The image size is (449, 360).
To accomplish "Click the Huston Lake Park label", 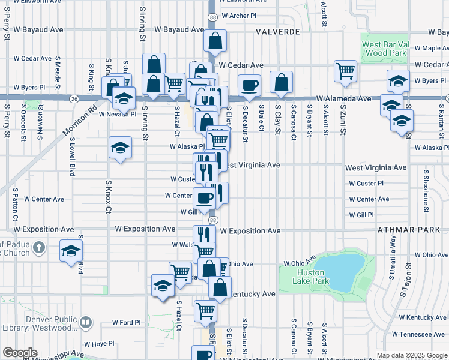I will coord(313,277).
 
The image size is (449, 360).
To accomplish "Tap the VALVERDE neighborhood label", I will coord(277,31).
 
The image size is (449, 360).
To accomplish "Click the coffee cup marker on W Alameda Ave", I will coord(249,85).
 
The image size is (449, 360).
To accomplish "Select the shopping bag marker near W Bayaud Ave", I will coord(215,41).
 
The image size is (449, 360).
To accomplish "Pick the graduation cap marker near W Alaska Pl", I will coord(120,148).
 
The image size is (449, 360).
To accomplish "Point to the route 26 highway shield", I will coord(73,98).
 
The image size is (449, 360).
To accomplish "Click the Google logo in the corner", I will coord(20,353).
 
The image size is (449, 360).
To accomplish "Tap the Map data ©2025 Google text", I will coord(412,356).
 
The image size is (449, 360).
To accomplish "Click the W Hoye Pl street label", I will coord(99,344).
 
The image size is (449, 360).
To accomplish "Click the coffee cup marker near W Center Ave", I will coord(203,197).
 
